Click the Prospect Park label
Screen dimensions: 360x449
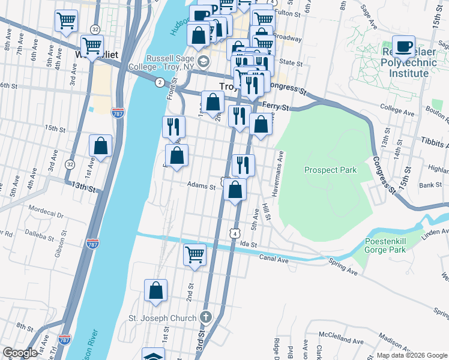point(330,170)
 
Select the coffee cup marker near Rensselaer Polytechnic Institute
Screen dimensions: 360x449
point(403,47)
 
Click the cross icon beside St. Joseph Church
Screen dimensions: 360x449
point(205,318)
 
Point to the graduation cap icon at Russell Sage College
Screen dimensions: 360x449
point(203,61)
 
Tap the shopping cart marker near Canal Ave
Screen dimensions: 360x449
point(194,254)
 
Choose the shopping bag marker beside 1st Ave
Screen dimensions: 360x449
point(101,146)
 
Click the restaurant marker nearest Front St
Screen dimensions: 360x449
point(174,127)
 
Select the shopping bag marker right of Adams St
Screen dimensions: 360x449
point(235,191)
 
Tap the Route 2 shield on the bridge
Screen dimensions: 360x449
point(160,82)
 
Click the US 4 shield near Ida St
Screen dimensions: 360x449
point(236,233)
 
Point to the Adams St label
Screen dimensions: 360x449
point(201,187)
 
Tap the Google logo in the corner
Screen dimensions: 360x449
point(20,353)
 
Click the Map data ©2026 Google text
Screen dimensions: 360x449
point(411,355)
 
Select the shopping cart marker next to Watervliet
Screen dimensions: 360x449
point(92,46)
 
